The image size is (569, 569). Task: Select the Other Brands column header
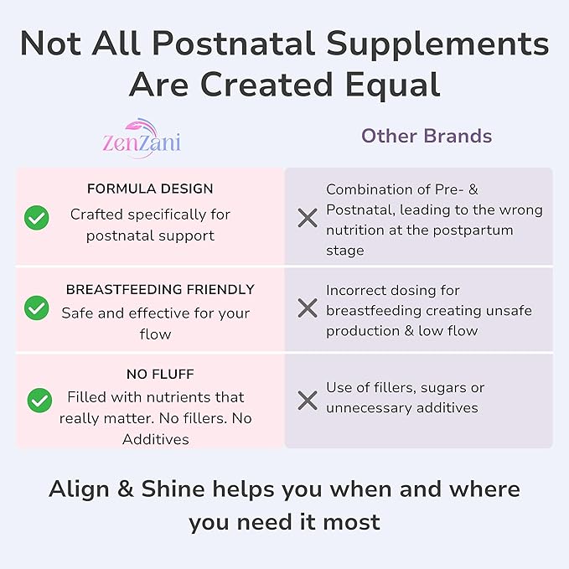coord(427,136)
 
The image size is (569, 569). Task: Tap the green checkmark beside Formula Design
coord(36,219)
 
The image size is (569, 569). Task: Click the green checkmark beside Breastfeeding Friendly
coord(36,308)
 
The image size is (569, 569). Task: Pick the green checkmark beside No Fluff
coord(39,400)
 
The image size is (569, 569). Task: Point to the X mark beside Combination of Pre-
coord(308,219)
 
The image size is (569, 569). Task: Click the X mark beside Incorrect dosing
coord(308,308)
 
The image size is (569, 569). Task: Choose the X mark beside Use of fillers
coord(308,400)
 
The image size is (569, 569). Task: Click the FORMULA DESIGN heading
coord(150,189)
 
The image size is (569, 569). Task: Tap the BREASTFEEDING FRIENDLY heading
coord(160,290)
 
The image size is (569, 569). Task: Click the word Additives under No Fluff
coord(155,439)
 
